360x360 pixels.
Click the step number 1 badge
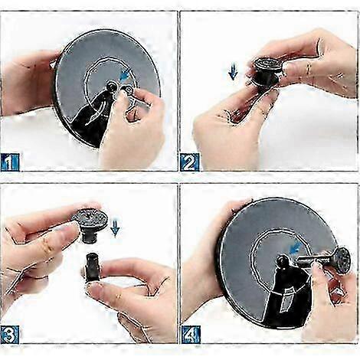tap(10, 162)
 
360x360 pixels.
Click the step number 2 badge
tap(190, 162)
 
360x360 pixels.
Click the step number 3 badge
tap(10, 334)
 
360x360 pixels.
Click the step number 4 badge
tap(191, 334)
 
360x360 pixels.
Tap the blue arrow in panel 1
tap(126, 75)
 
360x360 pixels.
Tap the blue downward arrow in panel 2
tap(233, 72)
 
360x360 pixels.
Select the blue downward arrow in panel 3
tap(115, 228)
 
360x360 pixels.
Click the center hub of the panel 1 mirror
tap(111, 86)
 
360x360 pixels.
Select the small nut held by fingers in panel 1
tap(128, 89)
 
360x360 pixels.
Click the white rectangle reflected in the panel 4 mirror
tap(286, 300)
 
